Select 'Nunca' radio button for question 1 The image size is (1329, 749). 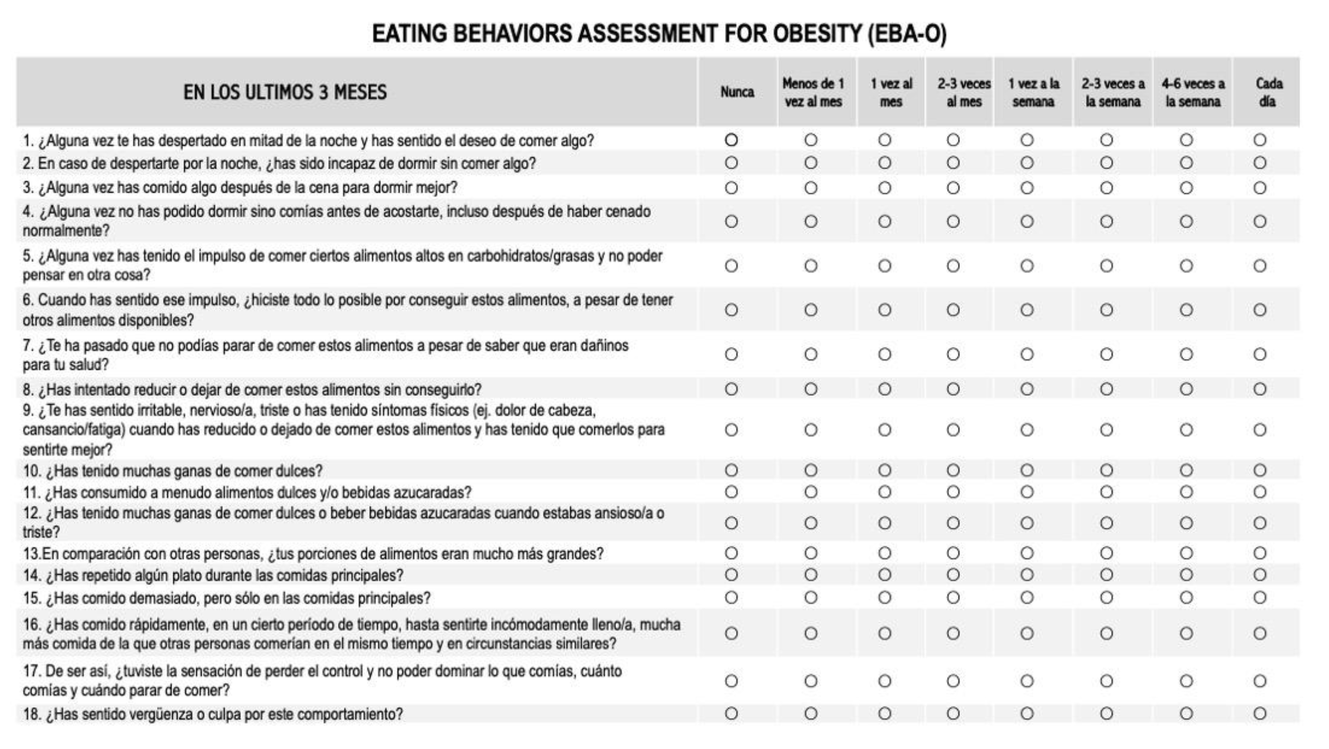pos(731,140)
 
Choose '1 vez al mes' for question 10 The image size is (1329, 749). pos(884,470)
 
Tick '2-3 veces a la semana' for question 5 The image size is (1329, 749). pos(1106,266)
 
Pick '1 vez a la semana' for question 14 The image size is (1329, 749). pos(1027,574)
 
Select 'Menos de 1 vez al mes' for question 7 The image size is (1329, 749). pos(811,354)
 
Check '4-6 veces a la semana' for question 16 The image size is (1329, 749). pos(1186,634)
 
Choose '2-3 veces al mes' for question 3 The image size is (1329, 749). pos(953,188)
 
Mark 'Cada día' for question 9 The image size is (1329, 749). pos(1260,430)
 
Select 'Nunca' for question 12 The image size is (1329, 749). pos(731,523)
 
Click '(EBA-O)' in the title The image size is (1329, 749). pos(906,34)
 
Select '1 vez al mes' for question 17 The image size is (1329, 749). pos(884,681)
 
